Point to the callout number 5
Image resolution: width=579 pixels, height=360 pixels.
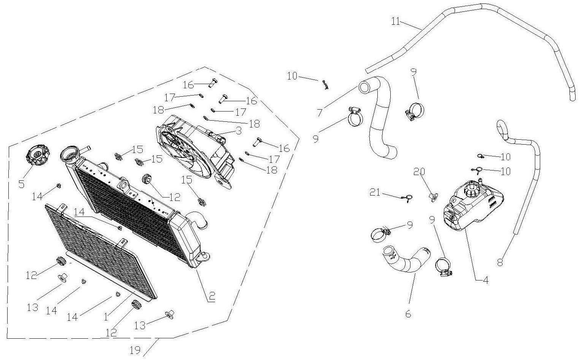[x=21, y=184]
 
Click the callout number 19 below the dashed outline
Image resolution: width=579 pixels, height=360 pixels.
[x=135, y=350]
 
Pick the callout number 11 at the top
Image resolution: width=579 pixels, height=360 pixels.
[x=396, y=21]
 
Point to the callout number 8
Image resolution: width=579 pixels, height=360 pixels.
[x=500, y=262]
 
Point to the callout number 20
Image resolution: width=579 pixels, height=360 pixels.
[x=420, y=172]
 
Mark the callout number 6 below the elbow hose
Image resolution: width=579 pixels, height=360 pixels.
[x=408, y=314]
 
